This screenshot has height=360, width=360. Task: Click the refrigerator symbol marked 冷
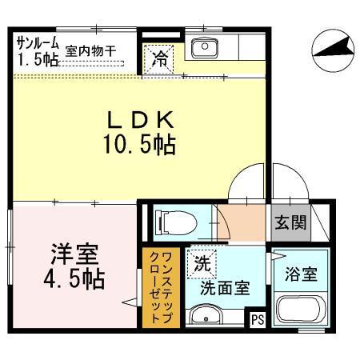(x=160, y=58)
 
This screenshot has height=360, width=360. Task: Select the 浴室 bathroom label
(x=299, y=274)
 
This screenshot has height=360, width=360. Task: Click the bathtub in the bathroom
(x=299, y=310)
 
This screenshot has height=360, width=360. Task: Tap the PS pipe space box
(x=257, y=321)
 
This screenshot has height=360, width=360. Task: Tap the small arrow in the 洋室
(x=128, y=302)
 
